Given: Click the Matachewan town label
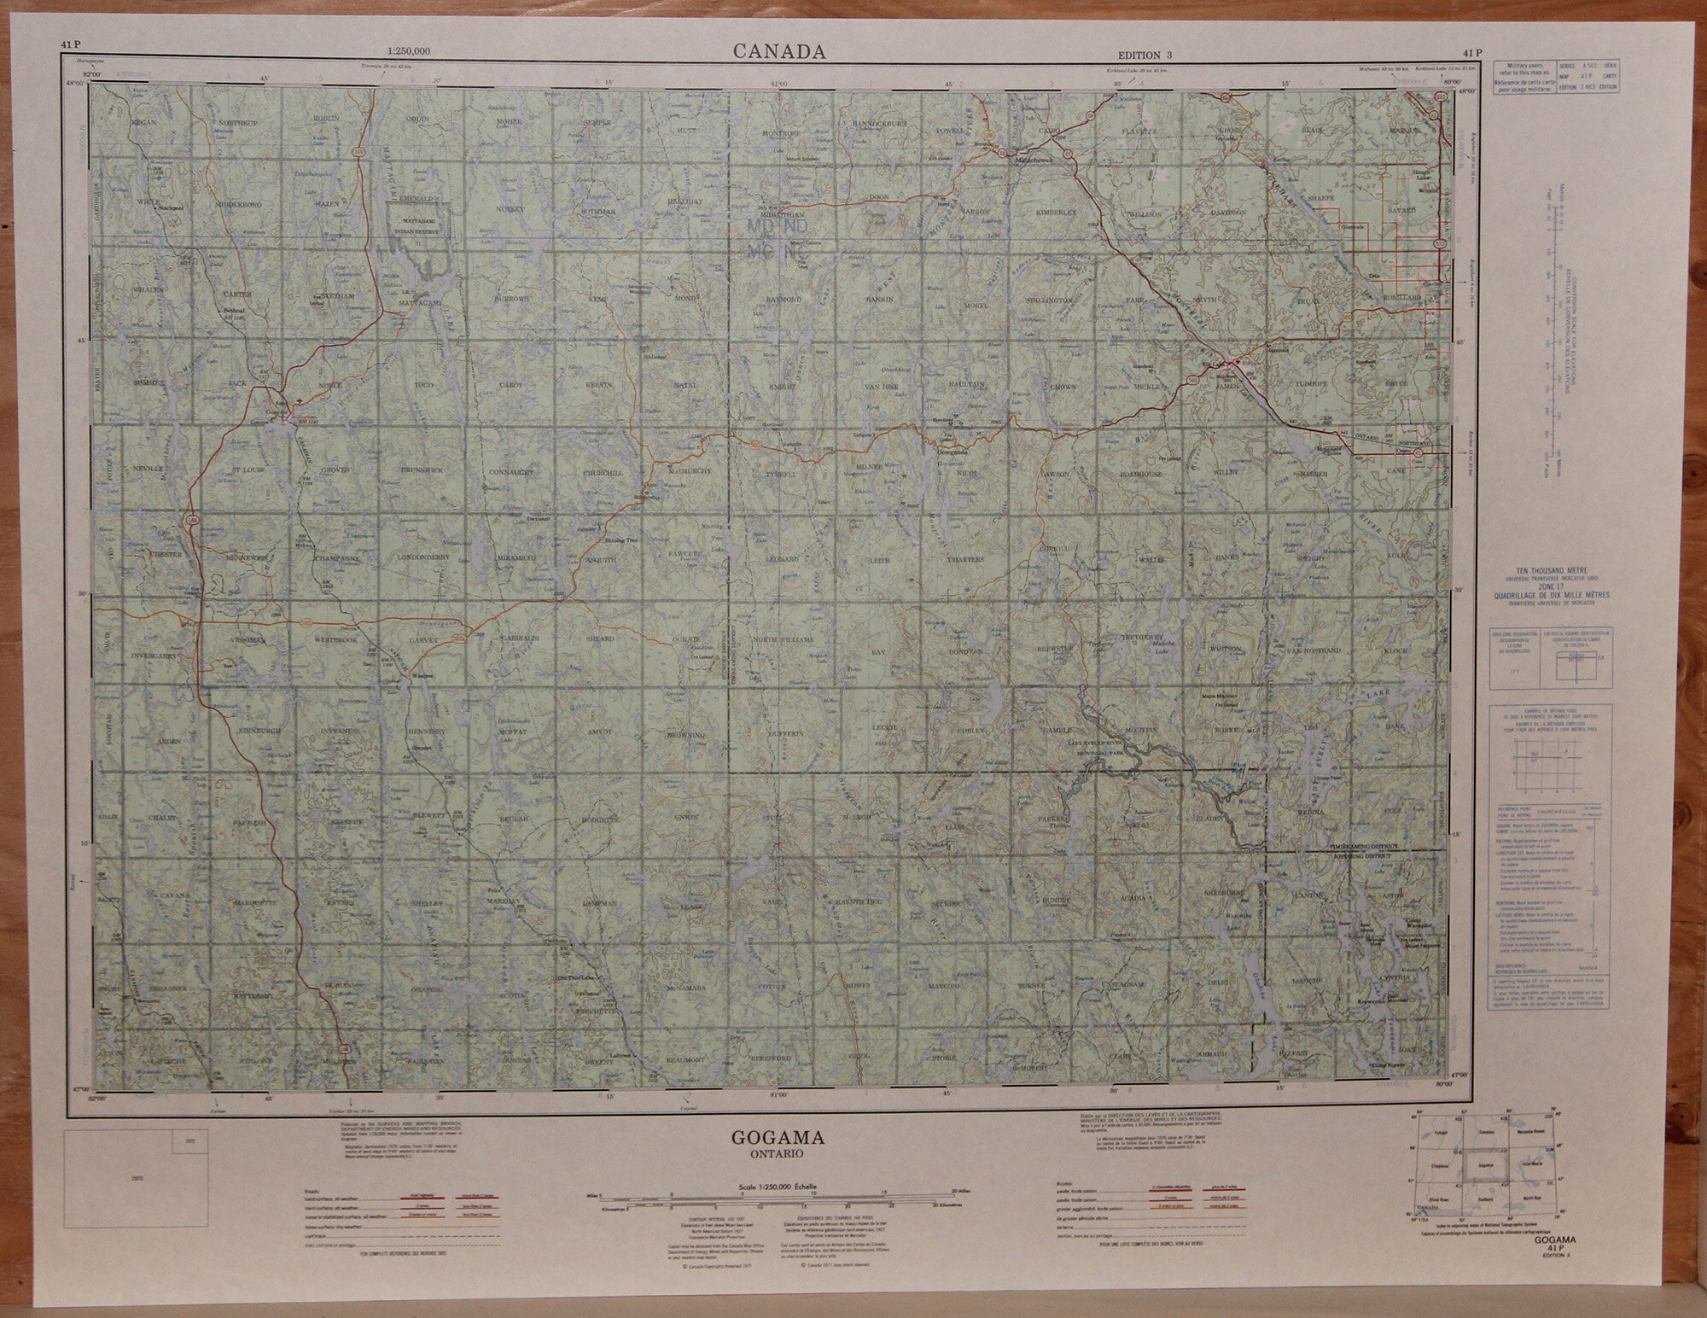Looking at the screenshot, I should [x=1034, y=159].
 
